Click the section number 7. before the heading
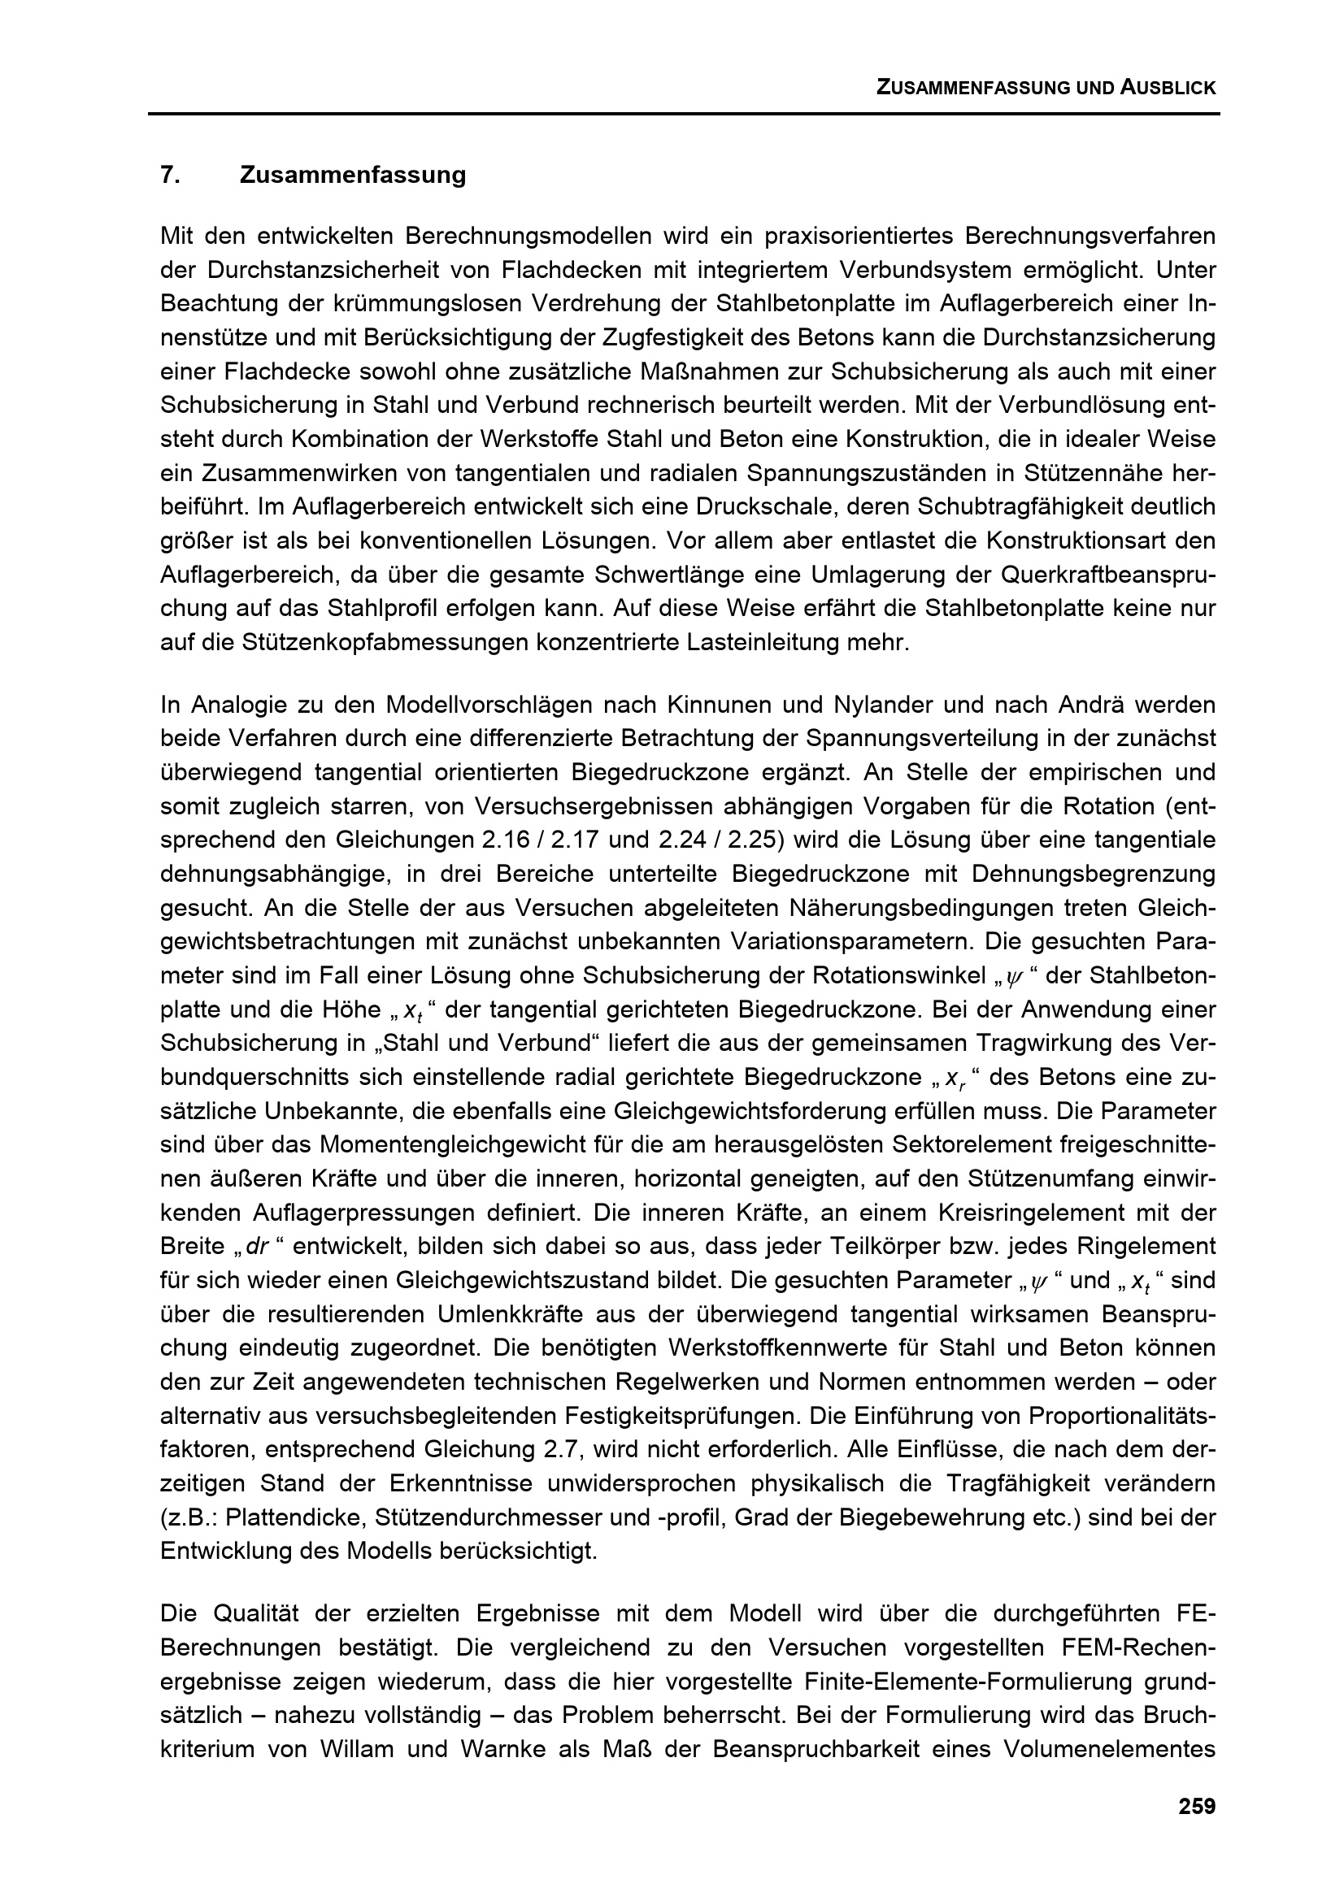click(171, 176)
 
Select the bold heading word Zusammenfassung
click(353, 176)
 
